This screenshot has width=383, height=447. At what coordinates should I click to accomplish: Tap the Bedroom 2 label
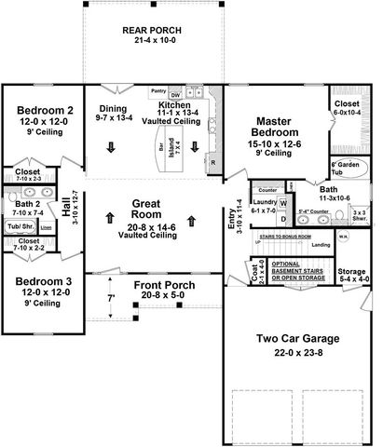point(45,110)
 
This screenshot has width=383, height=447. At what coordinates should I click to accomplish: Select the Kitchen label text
point(174,106)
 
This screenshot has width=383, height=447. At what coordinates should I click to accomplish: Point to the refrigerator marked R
point(213,164)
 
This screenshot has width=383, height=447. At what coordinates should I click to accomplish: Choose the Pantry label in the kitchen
point(158,92)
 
